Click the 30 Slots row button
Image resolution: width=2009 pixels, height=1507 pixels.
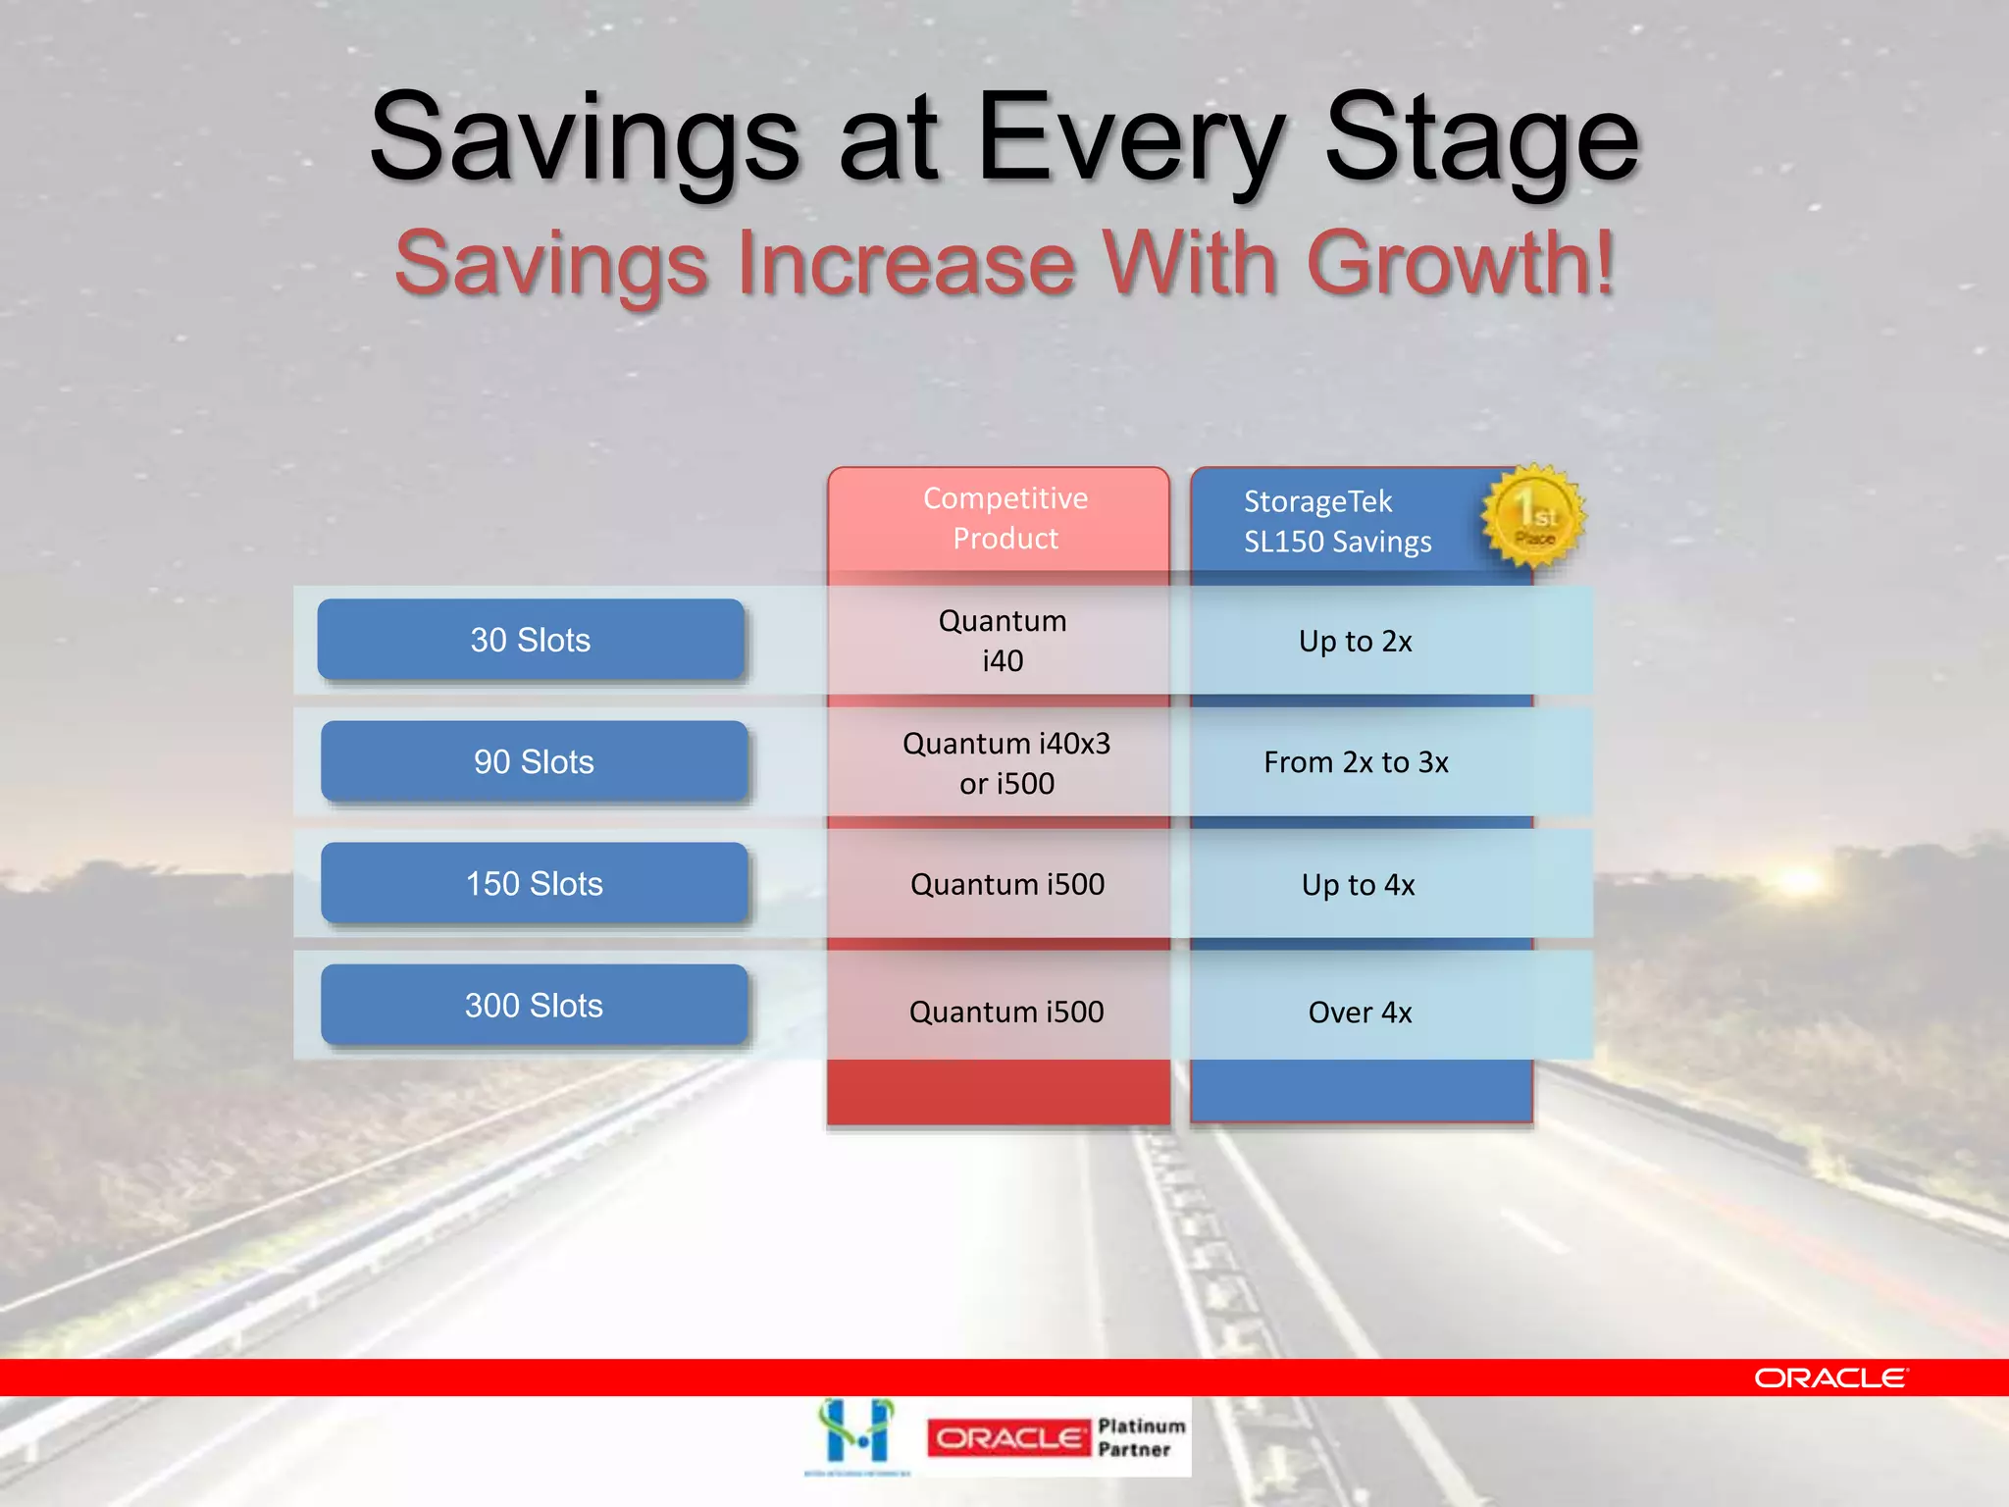530,640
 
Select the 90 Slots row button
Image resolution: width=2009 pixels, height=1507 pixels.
534,761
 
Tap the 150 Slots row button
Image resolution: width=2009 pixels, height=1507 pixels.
534,883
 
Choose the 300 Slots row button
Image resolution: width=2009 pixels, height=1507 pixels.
534,1005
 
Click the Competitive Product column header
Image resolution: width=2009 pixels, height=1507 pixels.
1004,518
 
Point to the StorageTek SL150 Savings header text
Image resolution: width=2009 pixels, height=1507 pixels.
1336,521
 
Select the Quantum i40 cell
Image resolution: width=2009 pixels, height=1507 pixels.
1003,641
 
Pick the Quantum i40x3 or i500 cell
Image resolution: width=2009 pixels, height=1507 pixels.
1006,762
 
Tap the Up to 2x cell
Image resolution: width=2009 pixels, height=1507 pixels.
1355,642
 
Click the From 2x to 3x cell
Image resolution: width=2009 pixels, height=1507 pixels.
1356,762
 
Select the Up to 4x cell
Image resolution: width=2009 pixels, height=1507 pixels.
1358,885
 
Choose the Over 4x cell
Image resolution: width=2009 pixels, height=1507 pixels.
1360,1013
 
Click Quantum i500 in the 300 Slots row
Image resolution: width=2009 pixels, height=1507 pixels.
1006,1012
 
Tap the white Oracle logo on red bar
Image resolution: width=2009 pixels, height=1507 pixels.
1830,1378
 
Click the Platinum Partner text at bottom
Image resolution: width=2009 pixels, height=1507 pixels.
1140,1437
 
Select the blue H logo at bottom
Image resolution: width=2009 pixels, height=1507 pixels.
857,1434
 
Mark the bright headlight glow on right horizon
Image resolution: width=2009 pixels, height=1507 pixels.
1798,878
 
